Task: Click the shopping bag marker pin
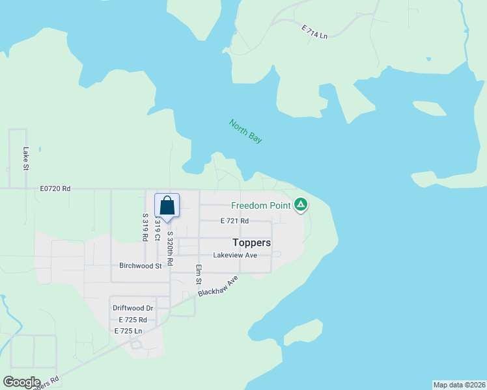167,206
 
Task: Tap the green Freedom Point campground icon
301,205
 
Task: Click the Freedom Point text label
261,206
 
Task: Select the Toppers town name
252,242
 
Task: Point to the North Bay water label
245,131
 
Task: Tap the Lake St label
26,159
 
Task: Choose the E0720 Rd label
55,188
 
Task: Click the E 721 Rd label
234,221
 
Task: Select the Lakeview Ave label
235,255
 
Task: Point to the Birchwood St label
140,266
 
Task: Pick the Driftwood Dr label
133,308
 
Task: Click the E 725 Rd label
133,320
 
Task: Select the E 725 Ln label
128,331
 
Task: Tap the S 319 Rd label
145,227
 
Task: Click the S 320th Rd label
170,248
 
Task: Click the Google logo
21,382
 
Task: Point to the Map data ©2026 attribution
459,385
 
